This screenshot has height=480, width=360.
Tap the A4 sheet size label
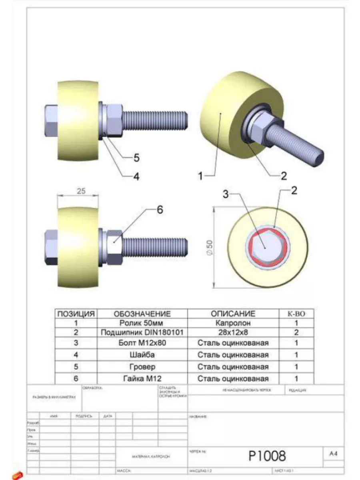pyautogui.click(x=333, y=454)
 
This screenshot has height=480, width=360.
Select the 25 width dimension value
pyautogui.click(x=81, y=191)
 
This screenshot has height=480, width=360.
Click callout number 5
pyautogui.click(x=136, y=158)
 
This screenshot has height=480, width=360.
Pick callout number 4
pyautogui.click(x=136, y=176)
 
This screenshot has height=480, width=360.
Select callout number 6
pyautogui.click(x=160, y=210)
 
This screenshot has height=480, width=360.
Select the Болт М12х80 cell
pyautogui.click(x=142, y=343)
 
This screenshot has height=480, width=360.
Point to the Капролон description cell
pyautogui.click(x=233, y=323)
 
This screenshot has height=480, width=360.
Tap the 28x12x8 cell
pyautogui.click(x=233, y=332)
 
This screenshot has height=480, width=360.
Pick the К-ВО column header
pyautogui.click(x=296, y=314)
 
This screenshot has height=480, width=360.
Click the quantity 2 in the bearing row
pyautogui.click(x=296, y=332)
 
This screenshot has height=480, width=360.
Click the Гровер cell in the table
pyautogui.click(x=142, y=367)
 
